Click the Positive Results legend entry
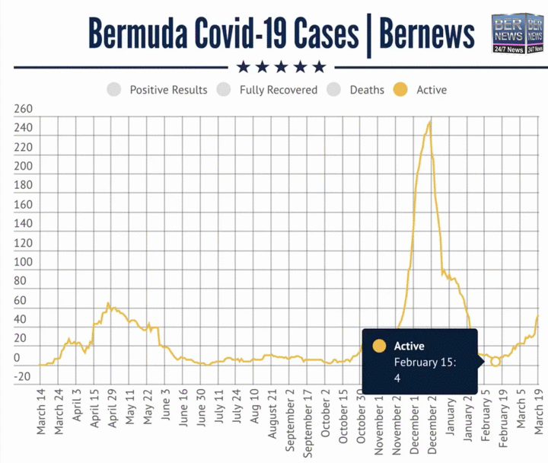pyautogui.click(x=167, y=90)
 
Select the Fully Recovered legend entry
pyautogui.click(x=278, y=90)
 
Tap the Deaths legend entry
pyautogui.click(x=366, y=90)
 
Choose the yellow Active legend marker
pyautogui.click(x=400, y=90)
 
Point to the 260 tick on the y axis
pyautogui.click(x=23, y=109)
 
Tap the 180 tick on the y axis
pyautogui.click(x=23, y=186)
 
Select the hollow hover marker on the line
pyautogui.click(x=495, y=362)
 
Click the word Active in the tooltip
pyautogui.click(x=409, y=346)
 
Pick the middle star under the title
pyautogui.click(x=282, y=66)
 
